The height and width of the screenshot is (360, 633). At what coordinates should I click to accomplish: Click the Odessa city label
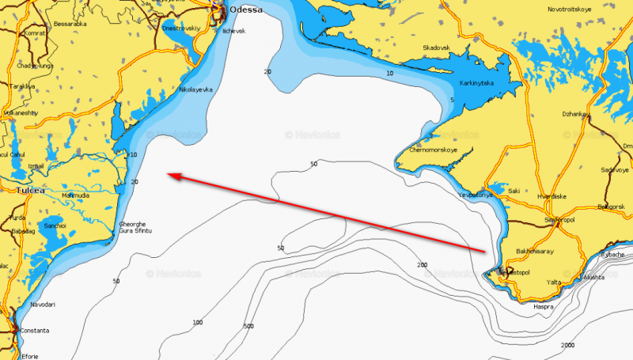pos(245,10)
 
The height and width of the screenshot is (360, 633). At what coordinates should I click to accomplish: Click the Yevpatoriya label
pos(476,195)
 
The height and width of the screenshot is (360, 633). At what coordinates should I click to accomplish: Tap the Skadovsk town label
pos(436,48)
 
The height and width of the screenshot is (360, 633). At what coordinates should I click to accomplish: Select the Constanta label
pos(30,330)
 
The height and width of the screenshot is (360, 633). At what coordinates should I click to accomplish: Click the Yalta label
pos(554,282)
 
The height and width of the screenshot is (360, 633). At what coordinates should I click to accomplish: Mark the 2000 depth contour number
pos(567,346)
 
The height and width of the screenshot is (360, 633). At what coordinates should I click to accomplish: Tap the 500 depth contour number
pos(248,325)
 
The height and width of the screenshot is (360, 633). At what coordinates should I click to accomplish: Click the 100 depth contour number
pos(197,322)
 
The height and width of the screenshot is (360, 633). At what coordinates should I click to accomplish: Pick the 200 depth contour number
pos(422,265)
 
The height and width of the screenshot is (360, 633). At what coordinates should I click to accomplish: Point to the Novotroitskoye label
pos(571,9)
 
